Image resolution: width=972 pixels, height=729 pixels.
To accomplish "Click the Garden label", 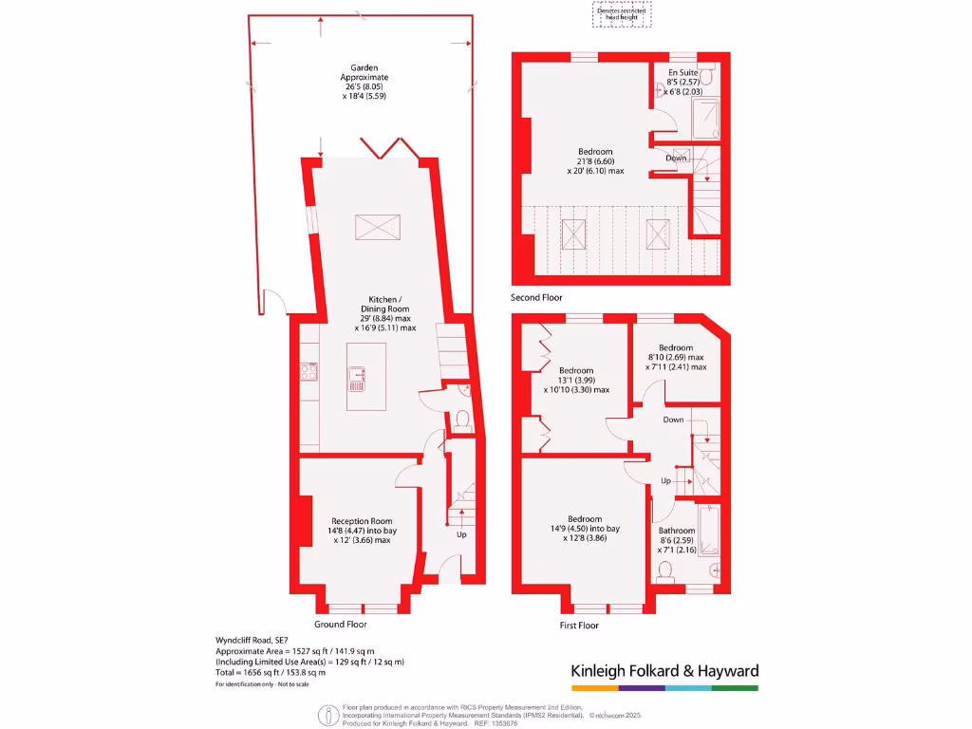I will [365, 67].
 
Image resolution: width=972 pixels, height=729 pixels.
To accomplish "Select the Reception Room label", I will [361, 521].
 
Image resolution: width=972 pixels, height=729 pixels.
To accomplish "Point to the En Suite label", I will [682, 72].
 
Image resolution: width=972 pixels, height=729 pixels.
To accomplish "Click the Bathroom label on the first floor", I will [678, 531].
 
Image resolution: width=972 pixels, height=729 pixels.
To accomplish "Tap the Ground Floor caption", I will [341, 624].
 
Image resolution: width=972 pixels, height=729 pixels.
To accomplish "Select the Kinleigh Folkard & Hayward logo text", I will [664, 671].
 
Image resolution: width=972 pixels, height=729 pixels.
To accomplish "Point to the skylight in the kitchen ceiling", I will [379, 228].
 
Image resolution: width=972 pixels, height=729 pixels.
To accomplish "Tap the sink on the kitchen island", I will [358, 378].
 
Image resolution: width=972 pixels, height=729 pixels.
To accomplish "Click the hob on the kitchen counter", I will [308, 372].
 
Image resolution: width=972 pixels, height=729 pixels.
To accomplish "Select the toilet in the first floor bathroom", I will [665, 570].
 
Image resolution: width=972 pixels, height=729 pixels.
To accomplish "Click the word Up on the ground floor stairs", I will [461, 534].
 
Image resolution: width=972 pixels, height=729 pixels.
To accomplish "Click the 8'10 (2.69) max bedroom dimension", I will [676, 358].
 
